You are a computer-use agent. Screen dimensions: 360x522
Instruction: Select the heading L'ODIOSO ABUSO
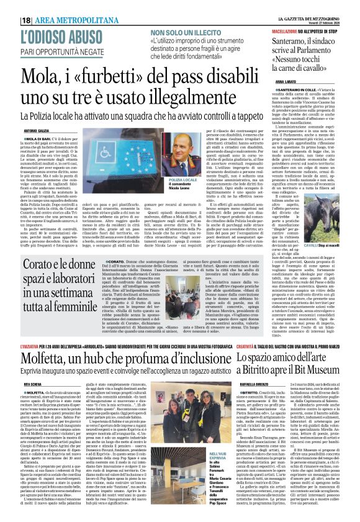pyautogui.click(x=60, y=37)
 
